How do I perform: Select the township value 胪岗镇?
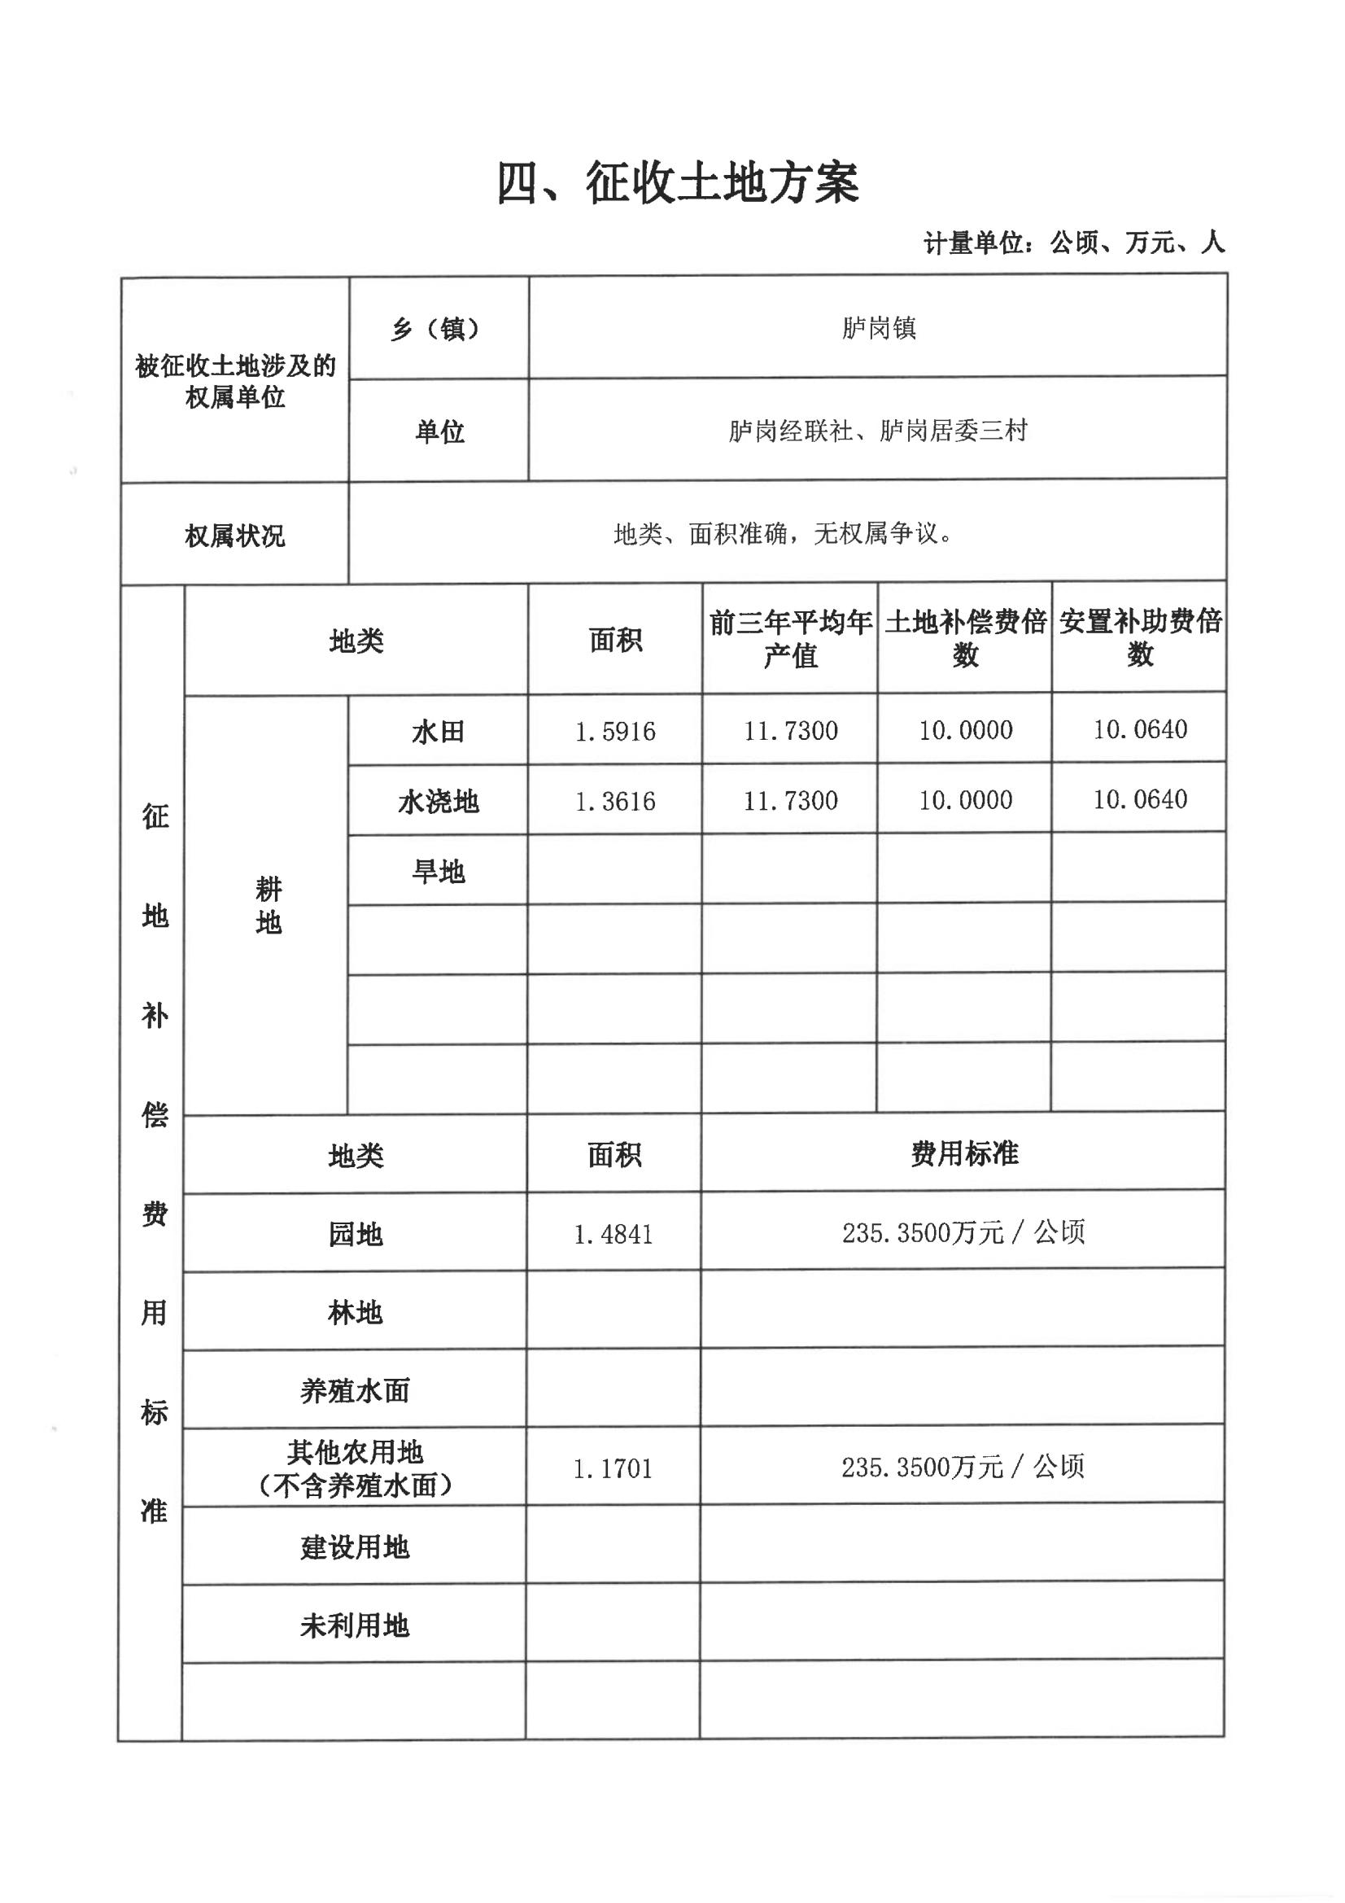coord(878,328)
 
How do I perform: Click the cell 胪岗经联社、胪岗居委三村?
coord(878,431)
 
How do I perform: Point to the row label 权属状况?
coord(234,536)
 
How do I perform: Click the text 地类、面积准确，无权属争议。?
coord(783,534)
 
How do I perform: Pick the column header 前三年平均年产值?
coord(790,638)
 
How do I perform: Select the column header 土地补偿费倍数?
coord(965,638)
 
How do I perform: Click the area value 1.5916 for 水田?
coord(615,731)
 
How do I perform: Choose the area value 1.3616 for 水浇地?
coord(615,801)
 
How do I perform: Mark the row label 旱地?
coord(438,871)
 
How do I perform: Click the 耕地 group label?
coord(268,905)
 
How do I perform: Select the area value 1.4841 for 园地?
coord(614,1234)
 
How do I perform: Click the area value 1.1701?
coord(613,1468)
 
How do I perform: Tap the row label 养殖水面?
coord(355,1391)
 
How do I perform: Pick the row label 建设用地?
coord(355,1546)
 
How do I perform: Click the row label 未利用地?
coord(355,1625)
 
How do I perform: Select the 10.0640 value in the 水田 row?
coord(1139,729)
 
